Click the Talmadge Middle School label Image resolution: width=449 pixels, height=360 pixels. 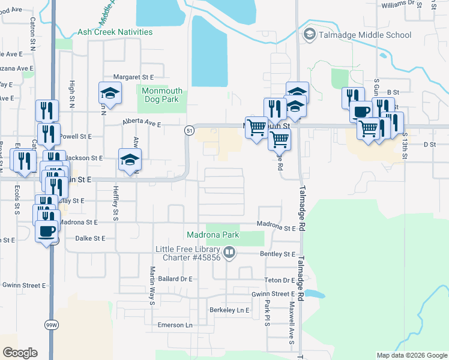365,35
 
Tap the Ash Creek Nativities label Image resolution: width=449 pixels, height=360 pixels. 115,32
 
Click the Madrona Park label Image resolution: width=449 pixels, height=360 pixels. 213,235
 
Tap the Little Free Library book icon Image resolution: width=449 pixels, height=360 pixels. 229,253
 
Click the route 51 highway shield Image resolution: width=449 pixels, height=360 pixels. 189,130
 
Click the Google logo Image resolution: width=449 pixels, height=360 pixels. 20,353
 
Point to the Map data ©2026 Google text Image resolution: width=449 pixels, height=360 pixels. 411,355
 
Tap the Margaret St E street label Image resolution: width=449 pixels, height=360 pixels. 134,77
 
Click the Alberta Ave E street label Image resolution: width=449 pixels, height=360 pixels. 142,124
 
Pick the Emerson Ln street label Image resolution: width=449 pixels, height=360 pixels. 174,325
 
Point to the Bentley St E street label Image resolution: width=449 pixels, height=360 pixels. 278,254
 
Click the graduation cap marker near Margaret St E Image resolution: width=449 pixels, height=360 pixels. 110,93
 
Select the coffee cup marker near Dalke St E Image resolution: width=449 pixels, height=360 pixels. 47,231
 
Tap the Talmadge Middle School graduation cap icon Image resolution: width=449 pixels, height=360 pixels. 310,35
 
